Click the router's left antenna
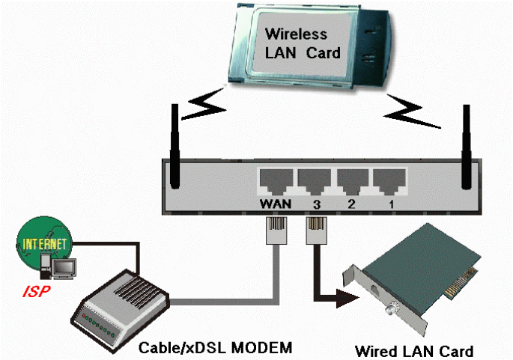pyautogui.click(x=174, y=146)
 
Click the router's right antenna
pyautogui.click(x=468, y=146)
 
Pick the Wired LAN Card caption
pyautogui.click(x=413, y=350)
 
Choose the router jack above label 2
pyautogui.click(x=350, y=180)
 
